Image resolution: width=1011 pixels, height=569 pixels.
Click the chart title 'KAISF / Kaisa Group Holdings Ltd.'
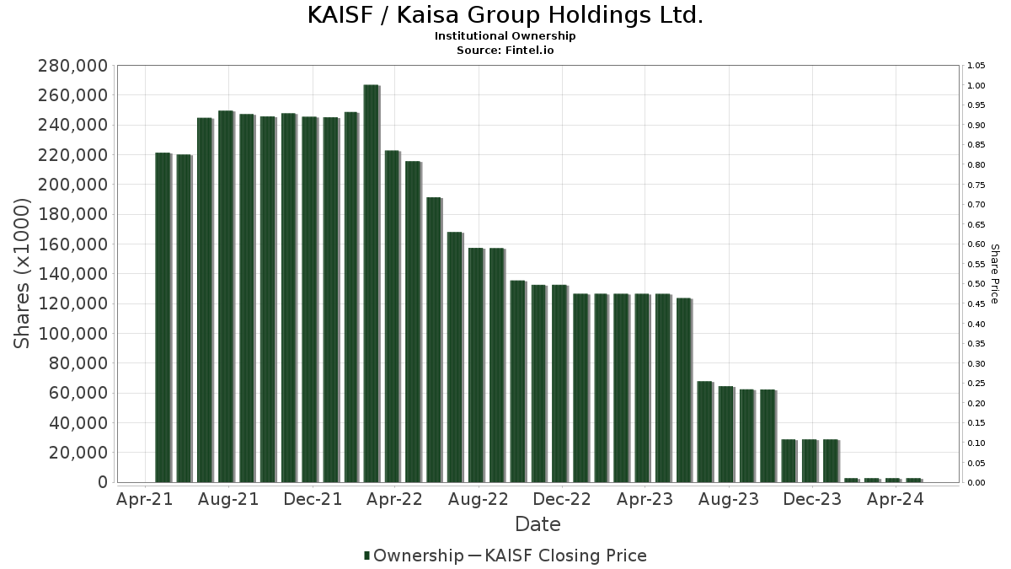click(x=505, y=15)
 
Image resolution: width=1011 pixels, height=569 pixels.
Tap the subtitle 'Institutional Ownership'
click(x=505, y=36)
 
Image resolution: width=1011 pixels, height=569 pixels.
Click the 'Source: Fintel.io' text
click(x=505, y=50)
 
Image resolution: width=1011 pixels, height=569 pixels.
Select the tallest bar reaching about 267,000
click(x=372, y=283)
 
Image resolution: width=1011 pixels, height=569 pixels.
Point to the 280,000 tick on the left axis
click(x=73, y=66)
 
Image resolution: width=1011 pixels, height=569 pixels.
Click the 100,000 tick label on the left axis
click(x=73, y=334)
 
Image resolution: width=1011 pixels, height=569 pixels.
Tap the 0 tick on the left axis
click(x=104, y=482)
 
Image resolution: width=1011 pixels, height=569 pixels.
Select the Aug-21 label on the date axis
click(x=228, y=499)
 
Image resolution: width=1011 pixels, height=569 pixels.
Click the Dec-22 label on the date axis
click(x=562, y=499)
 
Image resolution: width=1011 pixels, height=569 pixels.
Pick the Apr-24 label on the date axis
click(x=896, y=499)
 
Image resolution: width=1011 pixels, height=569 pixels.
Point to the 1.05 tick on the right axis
click(x=976, y=66)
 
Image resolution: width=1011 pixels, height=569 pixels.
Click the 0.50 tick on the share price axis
click(x=976, y=284)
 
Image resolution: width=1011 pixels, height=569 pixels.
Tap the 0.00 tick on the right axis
click(x=976, y=483)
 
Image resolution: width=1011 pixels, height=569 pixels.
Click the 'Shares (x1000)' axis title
click(x=21, y=274)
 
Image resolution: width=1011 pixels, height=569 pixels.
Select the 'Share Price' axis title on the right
click(x=995, y=274)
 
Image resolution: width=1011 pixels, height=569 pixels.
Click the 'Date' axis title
click(x=538, y=524)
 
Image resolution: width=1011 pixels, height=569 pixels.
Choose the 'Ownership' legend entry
click(x=414, y=556)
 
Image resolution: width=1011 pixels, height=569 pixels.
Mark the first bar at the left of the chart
click(x=163, y=318)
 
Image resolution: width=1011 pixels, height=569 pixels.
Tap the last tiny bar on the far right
click(x=914, y=480)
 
